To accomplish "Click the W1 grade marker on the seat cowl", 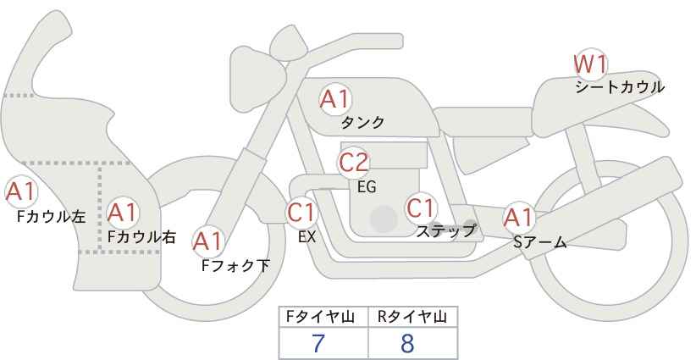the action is point(589,64).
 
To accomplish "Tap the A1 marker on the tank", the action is point(335,99).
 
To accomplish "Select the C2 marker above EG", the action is point(353,163).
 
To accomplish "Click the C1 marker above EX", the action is point(301,212).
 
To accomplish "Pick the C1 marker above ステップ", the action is point(421,208).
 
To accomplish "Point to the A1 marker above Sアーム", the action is point(518,218).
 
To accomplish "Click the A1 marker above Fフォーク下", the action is point(207,241).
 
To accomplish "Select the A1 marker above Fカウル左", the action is point(21,192).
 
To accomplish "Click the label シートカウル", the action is point(620,87).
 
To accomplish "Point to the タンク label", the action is point(362,122).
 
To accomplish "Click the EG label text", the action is point(367,187).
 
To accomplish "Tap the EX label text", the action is point(307,237).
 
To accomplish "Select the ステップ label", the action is point(445,231).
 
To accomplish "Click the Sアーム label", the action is point(539,242).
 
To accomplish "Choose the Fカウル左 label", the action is point(52,216).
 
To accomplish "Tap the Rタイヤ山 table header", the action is point(412,317).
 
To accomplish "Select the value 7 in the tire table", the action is point(318,343).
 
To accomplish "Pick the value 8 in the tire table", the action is point(407,343).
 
